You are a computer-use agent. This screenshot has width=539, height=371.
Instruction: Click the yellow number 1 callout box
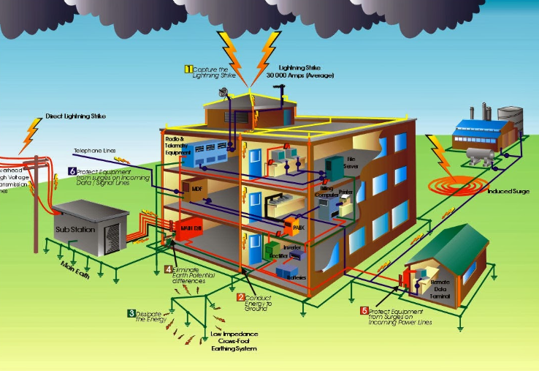point(188,70)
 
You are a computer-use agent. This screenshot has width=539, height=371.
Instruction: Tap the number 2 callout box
point(241,297)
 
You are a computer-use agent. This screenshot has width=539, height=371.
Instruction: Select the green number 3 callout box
point(131,313)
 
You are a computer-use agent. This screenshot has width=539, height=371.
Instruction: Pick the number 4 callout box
point(168,269)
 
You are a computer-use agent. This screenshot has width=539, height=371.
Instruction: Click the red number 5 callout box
point(364,312)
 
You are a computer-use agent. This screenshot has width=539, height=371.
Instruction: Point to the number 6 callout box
point(72,171)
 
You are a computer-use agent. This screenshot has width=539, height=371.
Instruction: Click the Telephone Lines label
point(95,151)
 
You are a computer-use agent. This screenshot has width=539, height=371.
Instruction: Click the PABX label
point(297,228)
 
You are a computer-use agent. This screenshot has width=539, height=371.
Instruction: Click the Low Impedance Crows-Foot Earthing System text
point(235,341)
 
